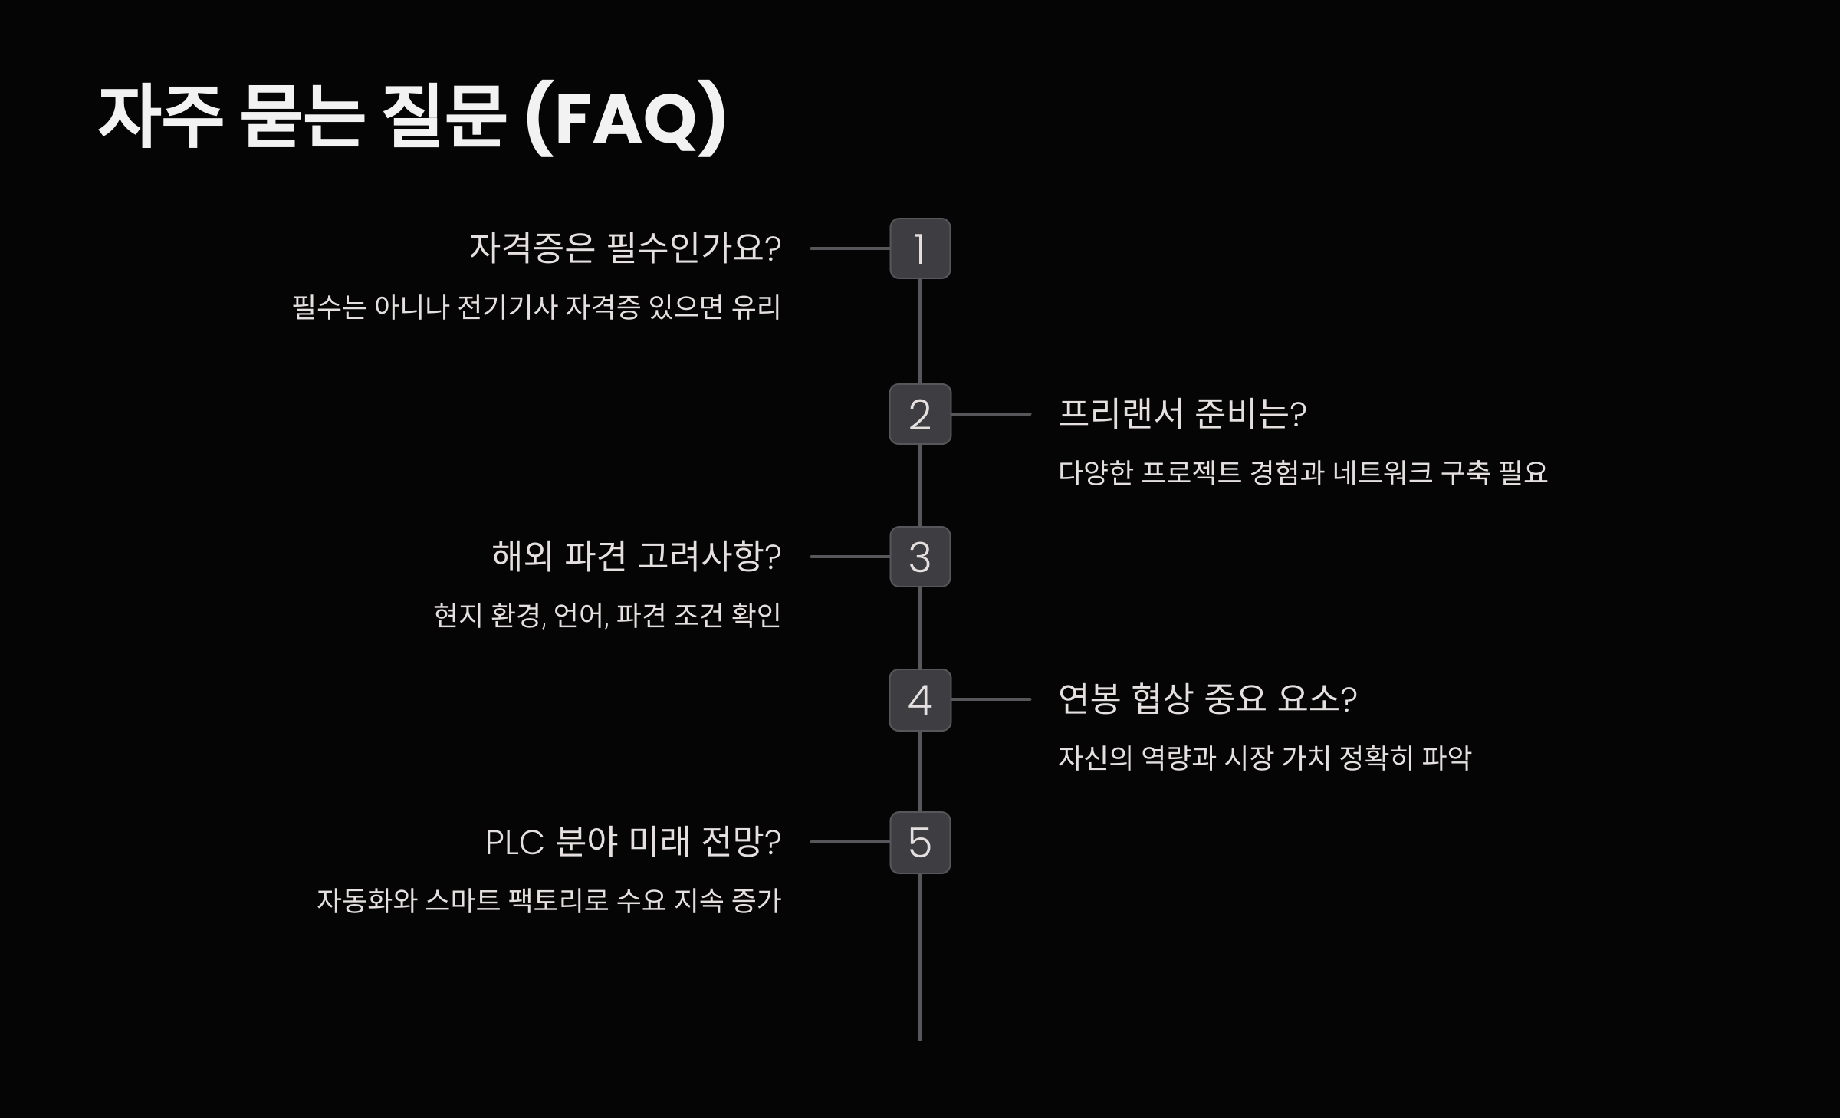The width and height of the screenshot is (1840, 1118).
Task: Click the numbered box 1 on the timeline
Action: point(920,248)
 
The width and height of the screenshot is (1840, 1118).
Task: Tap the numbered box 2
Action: point(920,414)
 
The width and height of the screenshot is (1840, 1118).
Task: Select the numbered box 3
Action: point(920,557)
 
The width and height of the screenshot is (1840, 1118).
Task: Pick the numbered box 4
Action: point(920,699)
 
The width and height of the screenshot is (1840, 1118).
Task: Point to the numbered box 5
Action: point(920,842)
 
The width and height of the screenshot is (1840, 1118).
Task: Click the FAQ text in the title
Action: point(626,119)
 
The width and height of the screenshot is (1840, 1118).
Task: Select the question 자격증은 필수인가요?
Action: point(625,248)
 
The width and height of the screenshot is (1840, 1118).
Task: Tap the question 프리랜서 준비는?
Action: point(1181,414)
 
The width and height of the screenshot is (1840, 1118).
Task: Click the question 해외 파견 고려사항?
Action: point(636,557)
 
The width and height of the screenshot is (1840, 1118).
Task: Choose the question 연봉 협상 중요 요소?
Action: point(1207,699)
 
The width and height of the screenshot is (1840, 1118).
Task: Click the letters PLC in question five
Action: point(514,843)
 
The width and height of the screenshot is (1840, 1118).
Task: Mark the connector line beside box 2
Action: point(991,414)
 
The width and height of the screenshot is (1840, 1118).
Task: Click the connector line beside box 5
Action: point(849,842)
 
